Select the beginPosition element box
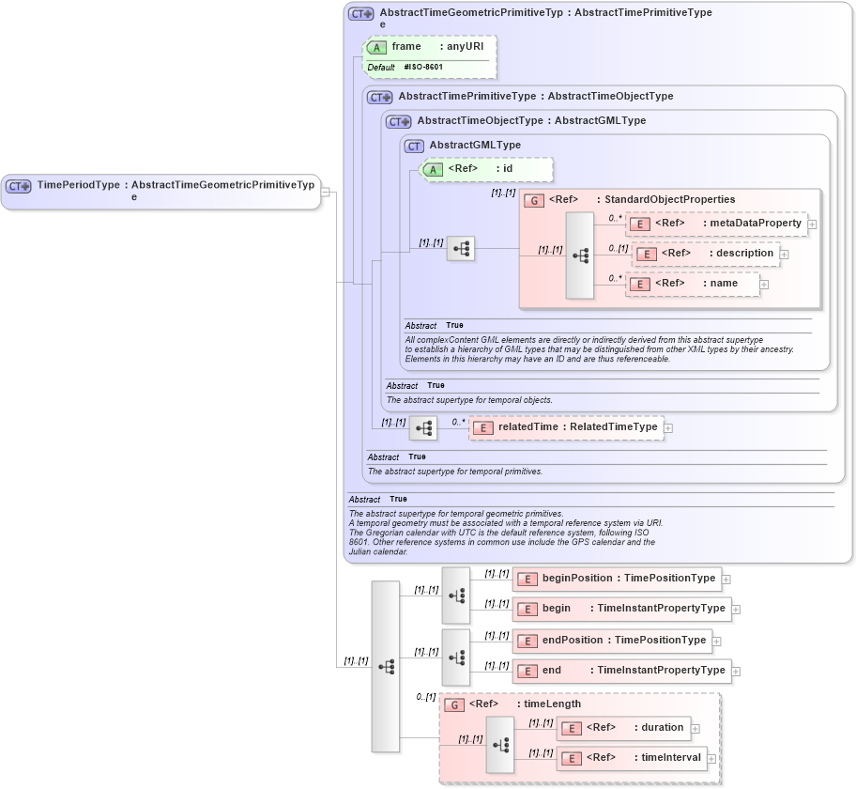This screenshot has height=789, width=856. [x=618, y=579]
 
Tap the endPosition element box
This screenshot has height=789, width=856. [x=612, y=641]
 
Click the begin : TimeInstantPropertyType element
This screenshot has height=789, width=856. [x=622, y=609]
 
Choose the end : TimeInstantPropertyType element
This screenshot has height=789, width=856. [x=622, y=671]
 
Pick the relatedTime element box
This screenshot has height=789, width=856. [x=566, y=427]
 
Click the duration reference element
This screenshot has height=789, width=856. [x=624, y=728]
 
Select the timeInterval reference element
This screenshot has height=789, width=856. [x=631, y=758]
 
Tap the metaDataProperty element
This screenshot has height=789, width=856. [x=716, y=224]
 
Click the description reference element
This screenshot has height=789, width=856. [x=706, y=254]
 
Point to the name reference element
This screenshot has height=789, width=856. [x=695, y=284]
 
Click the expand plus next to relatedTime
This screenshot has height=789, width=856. [x=668, y=428]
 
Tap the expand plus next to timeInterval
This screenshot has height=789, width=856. [x=711, y=759]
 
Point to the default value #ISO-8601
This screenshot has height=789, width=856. [x=423, y=68]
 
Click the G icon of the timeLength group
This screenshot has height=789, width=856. [x=454, y=704]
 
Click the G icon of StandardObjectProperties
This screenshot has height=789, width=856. [x=533, y=200]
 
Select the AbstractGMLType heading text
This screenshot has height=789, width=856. [x=475, y=146]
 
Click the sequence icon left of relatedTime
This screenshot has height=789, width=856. [x=423, y=428]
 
